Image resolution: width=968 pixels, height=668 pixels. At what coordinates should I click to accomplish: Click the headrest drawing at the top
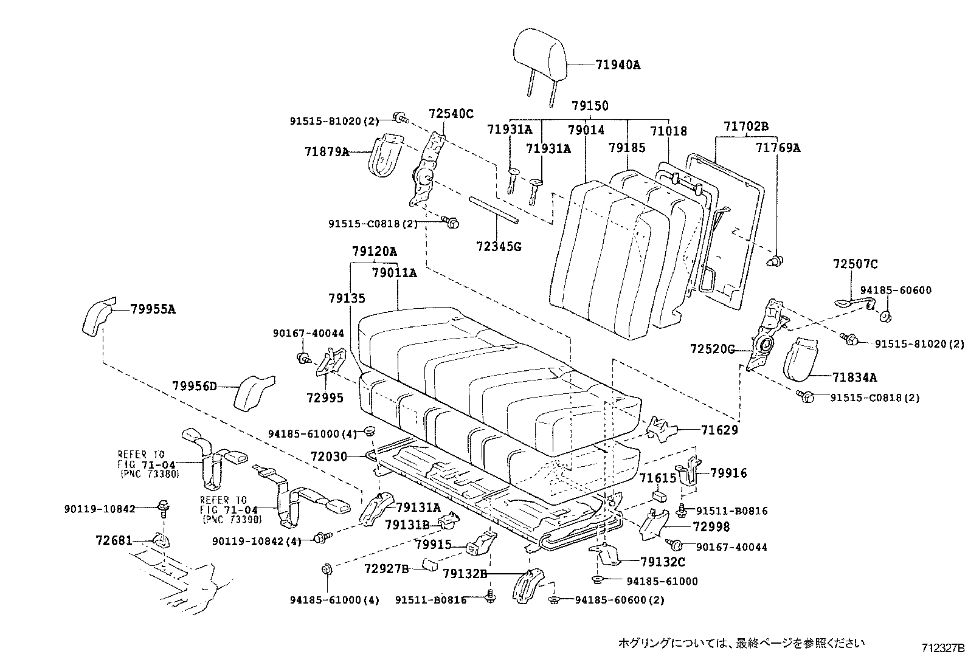pos(540,53)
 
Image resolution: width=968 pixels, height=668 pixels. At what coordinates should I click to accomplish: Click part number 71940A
pos(618,64)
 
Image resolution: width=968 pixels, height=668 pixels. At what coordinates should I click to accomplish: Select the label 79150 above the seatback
pos(589,106)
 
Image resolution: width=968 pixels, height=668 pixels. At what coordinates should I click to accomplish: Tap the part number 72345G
pos(499,247)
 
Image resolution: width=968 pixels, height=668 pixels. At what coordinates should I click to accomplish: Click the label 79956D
pos(194,386)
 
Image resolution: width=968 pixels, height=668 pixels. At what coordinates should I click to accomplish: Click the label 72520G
pos(712,349)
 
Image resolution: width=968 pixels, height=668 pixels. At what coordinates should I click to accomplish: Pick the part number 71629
pos(719,430)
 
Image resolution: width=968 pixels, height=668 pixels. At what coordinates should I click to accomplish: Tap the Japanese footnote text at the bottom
pos(741,642)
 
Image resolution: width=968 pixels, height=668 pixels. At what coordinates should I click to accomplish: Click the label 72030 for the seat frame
pos(328,456)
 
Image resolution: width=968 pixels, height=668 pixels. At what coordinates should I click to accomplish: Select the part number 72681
pos(113,540)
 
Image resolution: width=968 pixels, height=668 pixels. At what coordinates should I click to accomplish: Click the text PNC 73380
pos(150,474)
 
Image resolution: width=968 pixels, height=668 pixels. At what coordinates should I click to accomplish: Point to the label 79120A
pos(374,251)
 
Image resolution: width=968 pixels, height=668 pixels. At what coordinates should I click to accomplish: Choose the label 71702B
pos(746,126)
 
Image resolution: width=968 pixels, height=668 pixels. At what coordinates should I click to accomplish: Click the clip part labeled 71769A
pos(775,261)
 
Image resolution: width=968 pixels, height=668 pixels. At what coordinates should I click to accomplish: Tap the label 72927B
pos(387,568)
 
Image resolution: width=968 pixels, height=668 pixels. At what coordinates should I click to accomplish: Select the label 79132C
pos(662,562)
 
